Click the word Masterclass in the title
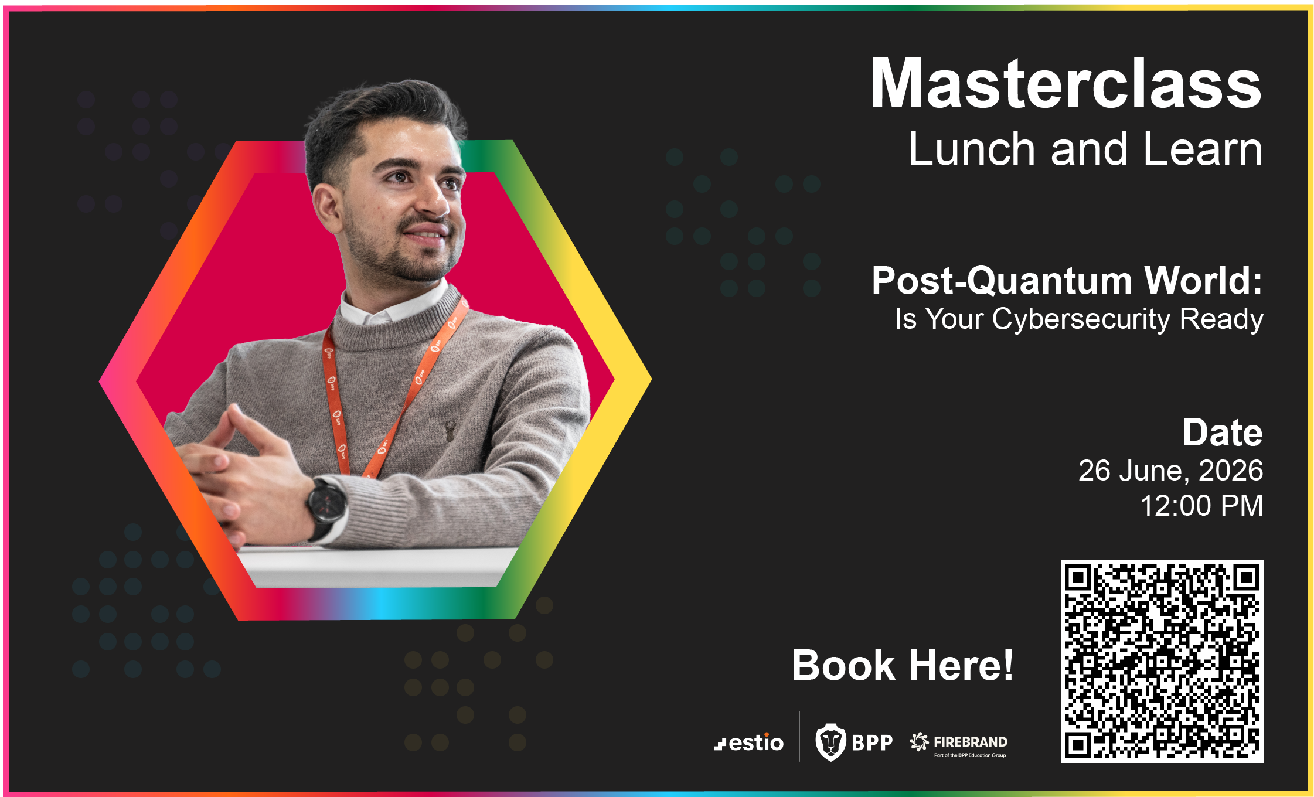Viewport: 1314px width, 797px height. pos(1066,84)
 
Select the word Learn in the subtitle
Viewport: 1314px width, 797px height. pos(1203,149)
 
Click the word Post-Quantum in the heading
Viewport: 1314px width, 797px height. pos(1002,281)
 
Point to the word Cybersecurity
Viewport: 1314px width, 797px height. pos(1081,320)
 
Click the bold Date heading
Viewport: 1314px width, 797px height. pos(1223,432)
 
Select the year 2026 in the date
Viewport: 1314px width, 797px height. pos(1231,471)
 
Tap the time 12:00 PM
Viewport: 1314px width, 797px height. pos(1201,506)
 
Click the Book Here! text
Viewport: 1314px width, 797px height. pos(903,665)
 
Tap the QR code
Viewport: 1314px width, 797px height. pos(1162,662)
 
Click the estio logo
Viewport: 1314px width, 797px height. pos(748,742)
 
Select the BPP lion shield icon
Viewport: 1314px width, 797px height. pos(830,742)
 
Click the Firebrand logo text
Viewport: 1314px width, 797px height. pos(971,742)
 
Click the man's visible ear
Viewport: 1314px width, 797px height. pos(327,209)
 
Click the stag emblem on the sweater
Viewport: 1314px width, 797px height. pos(450,430)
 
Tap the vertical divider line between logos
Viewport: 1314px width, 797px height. pos(799,737)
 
